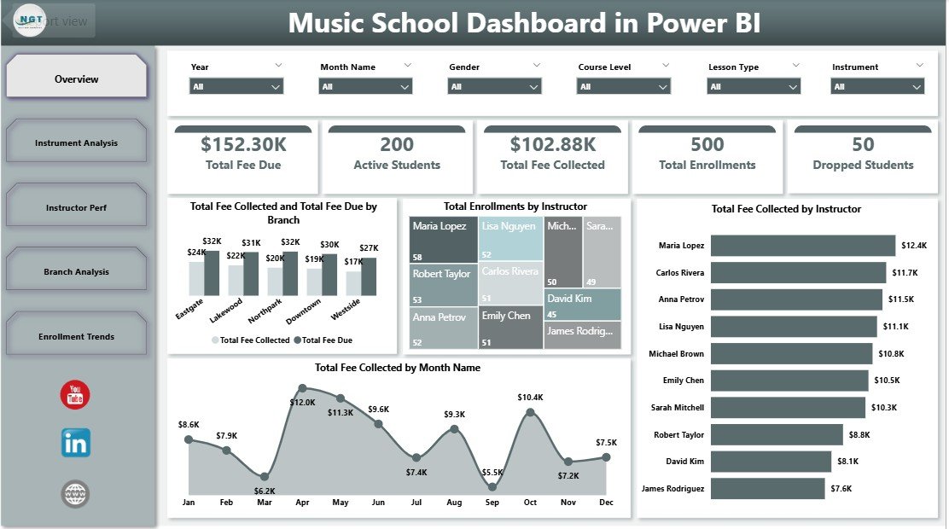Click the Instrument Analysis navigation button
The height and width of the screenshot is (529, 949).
[x=76, y=143]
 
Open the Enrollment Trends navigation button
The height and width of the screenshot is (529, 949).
[x=76, y=336]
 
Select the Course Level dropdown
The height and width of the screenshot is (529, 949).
[x=624, y=86]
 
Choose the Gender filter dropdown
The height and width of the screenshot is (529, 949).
[x=495, y=86]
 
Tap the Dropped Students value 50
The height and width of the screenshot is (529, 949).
[x=863, y=144]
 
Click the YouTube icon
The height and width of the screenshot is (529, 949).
[x=75, y=395]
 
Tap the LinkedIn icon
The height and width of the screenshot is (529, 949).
[x=75, y=443]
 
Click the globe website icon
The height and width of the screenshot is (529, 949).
[x=75, y=493]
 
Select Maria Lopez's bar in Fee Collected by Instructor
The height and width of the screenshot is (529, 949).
[x=802, y=246]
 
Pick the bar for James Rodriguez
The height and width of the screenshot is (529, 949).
[x=767, y=488]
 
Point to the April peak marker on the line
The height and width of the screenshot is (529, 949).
[x=302, y=387]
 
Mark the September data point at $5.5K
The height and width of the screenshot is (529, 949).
[x=492, y=486]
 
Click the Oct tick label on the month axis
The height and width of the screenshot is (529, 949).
[x=530, y=503]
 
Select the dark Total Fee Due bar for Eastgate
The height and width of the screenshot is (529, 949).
[x=212, y=273]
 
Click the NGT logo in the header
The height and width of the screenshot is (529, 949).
[x=32, y=20]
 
